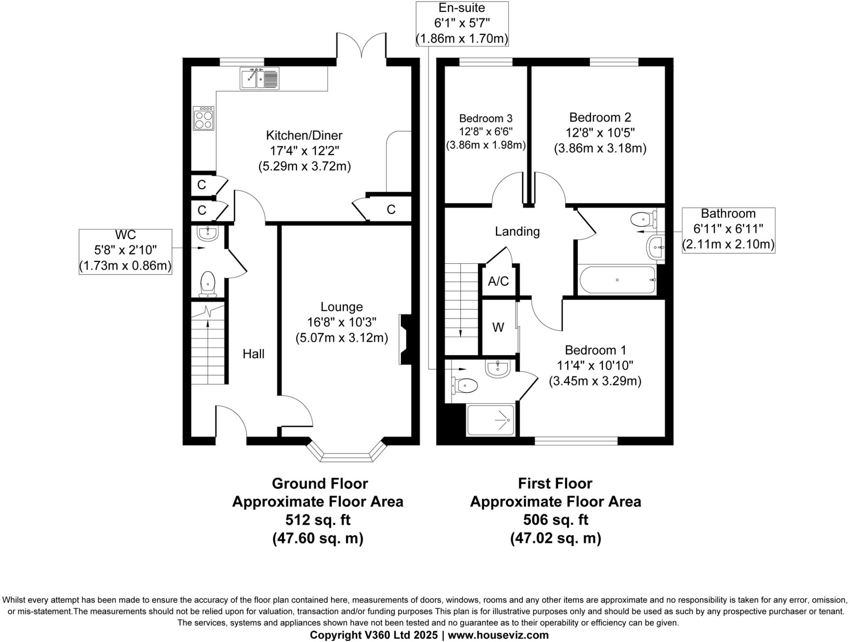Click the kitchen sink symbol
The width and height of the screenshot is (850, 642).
pyautogui.click(x=259, y=78)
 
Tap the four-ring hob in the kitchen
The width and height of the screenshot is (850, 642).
pyautogui.click(x=204, y=118)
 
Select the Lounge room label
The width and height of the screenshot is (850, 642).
pyautogui.click(x=342, y=307)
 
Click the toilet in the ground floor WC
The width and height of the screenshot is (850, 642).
pyautogui.click(x=208, y=284)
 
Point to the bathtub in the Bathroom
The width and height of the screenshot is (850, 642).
pyautogui.click(x=617, y=280)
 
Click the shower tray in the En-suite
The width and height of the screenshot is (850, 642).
pyautogui.click(x=491, y=420)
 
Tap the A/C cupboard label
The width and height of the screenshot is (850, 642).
pyautogui.click(x=498, y=282)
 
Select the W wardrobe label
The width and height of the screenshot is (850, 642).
pyautogui.click(x=498, y=328)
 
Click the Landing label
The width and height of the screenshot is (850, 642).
pyautogui.click(x=517, y=231)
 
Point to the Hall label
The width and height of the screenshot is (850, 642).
pyautogui.click(x=253, y=354)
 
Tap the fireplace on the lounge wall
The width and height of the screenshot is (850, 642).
pyautogui.click(x=404, y=339)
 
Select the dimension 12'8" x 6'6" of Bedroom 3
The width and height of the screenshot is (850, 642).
pyautogui.click(x=486, y=132)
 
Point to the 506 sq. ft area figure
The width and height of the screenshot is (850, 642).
pyautogui.click(x=555, y=519)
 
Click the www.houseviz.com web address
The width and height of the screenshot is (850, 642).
pyautogui.click(x=498, y=635)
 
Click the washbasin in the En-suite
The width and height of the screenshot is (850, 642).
pyautogui.click(x=497, y=369)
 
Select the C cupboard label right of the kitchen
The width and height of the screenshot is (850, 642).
pyautogui.click(x=391, y=210)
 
